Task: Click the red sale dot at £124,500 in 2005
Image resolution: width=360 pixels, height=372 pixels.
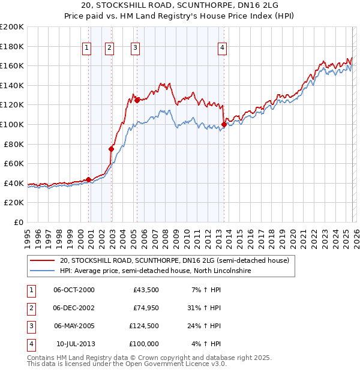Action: point(137,100)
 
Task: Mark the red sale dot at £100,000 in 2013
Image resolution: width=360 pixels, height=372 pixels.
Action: point(224,124)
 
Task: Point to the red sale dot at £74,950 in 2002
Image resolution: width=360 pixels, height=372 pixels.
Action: point(111,149)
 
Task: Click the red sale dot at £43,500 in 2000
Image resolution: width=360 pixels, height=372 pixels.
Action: point(88,179)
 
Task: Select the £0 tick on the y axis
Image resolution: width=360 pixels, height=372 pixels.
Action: point(18,222)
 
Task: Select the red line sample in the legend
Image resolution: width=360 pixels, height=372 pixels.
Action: point(42,261)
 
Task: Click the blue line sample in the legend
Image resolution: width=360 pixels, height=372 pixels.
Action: point(42,271)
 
